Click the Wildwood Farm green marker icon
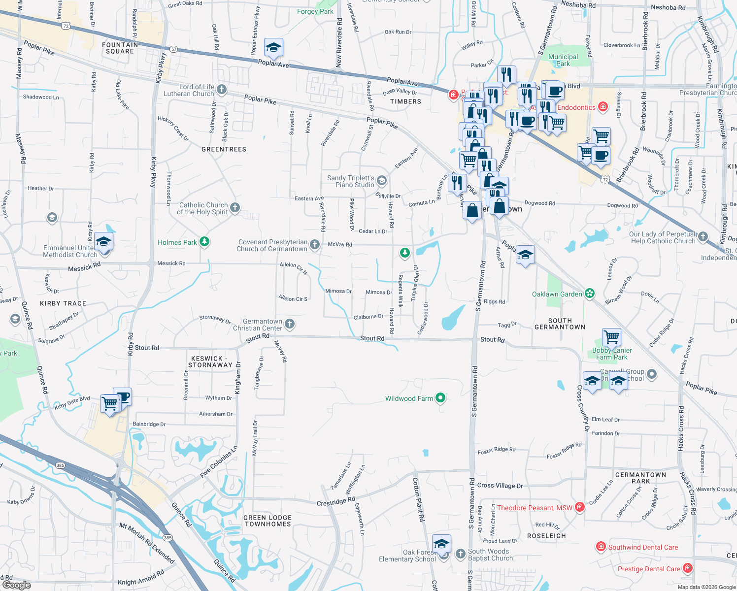coord(440,398)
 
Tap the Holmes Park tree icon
coord(204,242)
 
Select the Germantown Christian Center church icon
coord(290,324)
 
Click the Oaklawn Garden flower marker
coord(590,294)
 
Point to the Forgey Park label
coord(315,11)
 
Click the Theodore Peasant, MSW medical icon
coord(580,507)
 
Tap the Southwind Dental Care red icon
coord(601,547)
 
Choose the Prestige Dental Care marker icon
coord(688,568)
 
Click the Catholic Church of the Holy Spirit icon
coord(235,208)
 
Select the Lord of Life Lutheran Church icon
coord(222,90)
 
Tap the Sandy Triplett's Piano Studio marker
coord(381,181)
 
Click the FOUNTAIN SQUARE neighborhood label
coord(120,48)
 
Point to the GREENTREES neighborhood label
coord(224,149)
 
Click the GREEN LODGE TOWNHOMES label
coord(268,521)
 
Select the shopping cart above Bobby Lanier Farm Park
coord(611,337)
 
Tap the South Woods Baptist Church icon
coord(460,554)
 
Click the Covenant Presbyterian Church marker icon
coord(314,245)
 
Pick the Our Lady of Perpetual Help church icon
coord(703,237)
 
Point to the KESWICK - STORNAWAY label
coord(210,362)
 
